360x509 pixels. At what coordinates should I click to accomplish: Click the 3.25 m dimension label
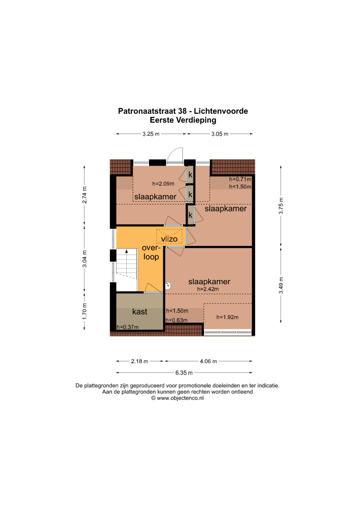(x=151, y=134)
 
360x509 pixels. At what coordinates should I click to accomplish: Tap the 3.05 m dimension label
(x=220, y=134)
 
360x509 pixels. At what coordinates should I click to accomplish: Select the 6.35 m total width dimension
(x=184, y=373)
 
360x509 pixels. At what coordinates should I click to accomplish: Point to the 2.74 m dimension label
(x=84, y=195)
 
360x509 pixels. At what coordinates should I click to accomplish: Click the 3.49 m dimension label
(x=281, y=285)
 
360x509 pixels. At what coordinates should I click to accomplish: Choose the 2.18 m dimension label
(x=140, y=361)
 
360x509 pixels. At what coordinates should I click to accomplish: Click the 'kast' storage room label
(x=140, y=312)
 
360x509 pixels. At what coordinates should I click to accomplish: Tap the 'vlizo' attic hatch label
(x=169, y=239)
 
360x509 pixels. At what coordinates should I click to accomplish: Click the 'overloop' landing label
(x=151, y=252)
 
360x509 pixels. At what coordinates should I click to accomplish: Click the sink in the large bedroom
(x=168, y=286)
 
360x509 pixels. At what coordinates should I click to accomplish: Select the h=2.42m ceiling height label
(x=208, y=289)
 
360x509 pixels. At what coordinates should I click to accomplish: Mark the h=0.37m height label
(x=127, y=327)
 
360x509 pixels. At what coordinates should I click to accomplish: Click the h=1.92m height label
(x=227, y=317)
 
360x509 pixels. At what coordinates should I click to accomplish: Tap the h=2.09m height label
(x=163, y=184)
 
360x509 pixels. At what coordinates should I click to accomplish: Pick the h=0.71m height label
(x=240, y=179)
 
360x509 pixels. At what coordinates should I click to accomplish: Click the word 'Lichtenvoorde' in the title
(x=221, y=111)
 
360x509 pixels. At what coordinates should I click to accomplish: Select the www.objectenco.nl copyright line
(x=177, y=398)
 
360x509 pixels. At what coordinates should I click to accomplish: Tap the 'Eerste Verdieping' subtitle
(x=183, y=120)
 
